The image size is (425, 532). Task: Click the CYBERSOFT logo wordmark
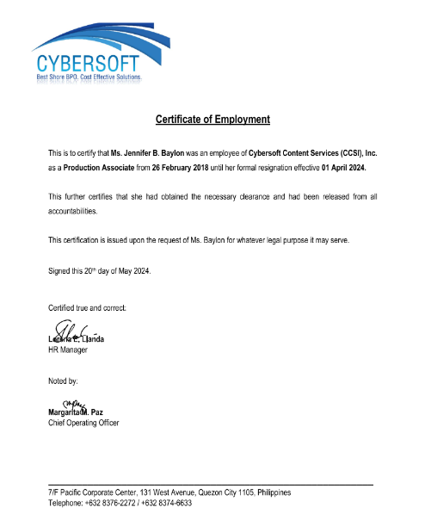(x=87, y=65)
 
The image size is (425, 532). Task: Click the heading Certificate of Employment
(x=212, y=120)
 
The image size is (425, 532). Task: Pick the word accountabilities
(x=74, y=210)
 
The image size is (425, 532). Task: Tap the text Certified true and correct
(x=87, y=307)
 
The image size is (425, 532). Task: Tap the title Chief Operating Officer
(x=83, y=423)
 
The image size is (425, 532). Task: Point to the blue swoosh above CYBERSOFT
(x=103, y=39)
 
